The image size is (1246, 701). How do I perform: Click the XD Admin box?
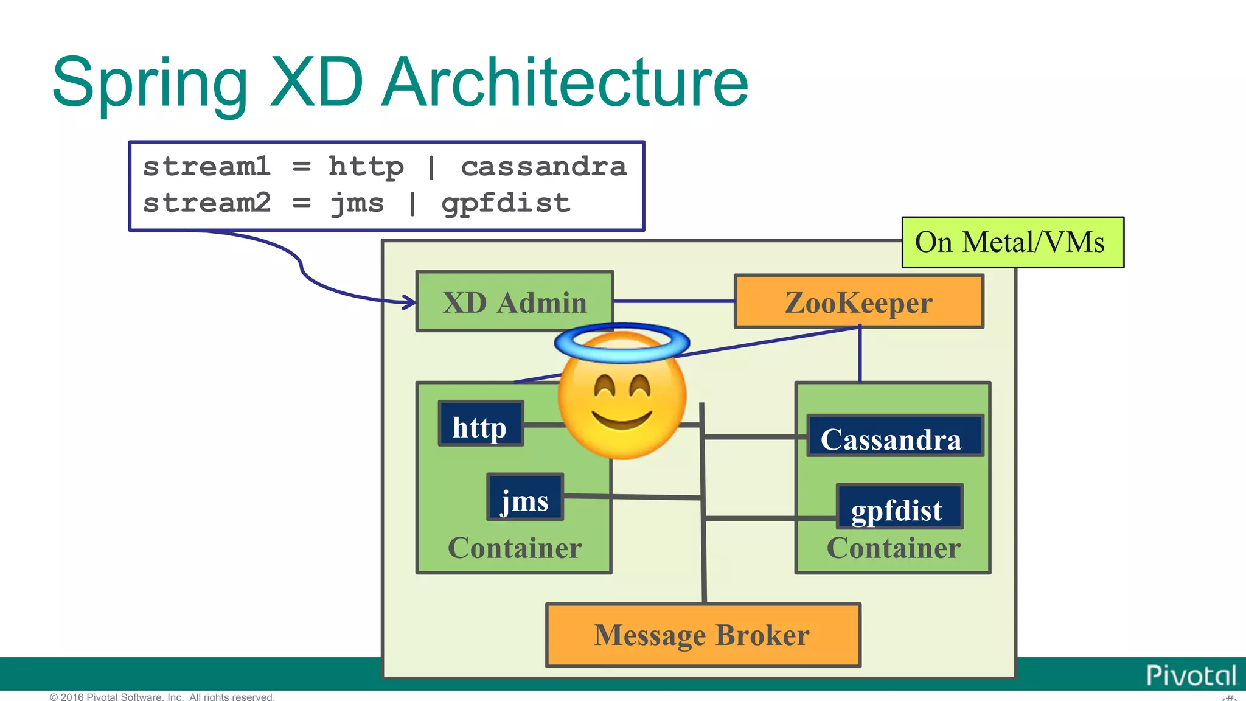[x=514, y=302]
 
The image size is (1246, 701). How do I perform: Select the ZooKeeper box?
[x=858, y=302]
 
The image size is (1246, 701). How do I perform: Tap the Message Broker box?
[x=703, y=635]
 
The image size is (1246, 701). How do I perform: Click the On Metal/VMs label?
[x=1012, y=242]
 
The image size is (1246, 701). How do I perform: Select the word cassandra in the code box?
[x=543, y=167]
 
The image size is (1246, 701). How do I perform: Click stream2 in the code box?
[x=207, y=203]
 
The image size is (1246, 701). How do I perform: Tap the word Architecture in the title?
[x=566, y=83]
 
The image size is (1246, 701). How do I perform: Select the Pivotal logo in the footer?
[x=1191, y=675]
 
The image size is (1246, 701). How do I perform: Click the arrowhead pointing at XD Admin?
[x=409, y=302]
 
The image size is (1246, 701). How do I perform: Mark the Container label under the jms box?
[x=515, y=548]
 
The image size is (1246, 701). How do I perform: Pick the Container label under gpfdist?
[x=893, y=548]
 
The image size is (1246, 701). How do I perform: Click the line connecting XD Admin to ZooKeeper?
[x=674, y=301]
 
